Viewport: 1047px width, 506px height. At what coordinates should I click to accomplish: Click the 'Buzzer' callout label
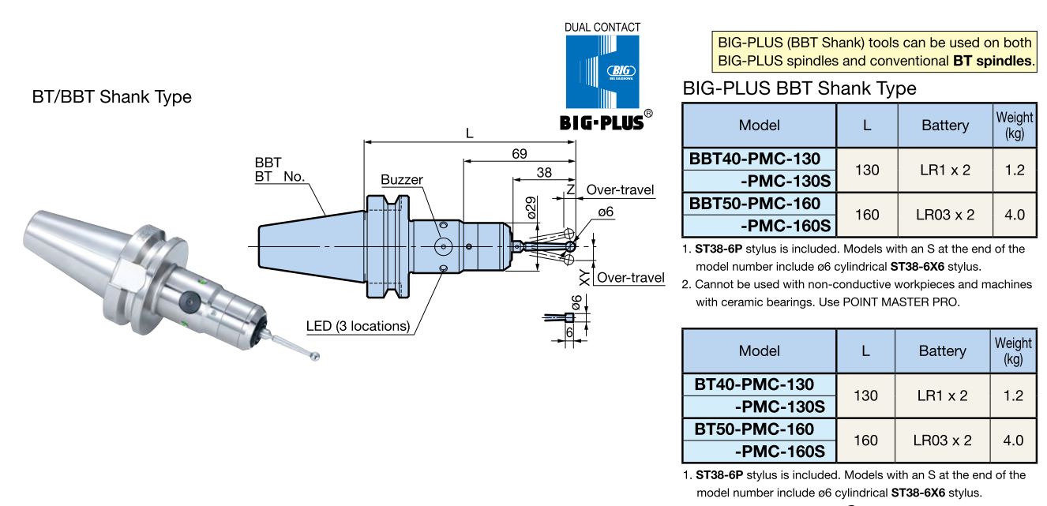[x=401, y=180]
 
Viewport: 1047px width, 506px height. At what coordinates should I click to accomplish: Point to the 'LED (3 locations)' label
[x=358, y=326]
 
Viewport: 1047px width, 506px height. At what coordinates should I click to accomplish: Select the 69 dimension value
[x=519, y=154]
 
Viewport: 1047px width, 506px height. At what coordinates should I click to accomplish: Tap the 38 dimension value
[x=544, y=173]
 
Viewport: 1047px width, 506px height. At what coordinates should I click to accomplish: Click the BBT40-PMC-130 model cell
[x=755, y=159]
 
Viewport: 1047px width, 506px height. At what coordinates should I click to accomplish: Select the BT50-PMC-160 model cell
[x=754, y=429]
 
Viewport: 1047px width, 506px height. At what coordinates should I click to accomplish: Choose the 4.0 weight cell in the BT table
[x=1013, y=440]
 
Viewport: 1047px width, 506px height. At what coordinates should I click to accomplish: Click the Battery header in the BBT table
[x=944, y=125]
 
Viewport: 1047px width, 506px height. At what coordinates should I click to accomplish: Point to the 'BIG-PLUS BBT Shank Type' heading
[x=799, y=88]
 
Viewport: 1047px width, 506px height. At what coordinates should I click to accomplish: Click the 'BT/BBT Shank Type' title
[x=111, y=97]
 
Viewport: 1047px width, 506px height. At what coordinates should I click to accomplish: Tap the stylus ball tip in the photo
[x=316, y=356]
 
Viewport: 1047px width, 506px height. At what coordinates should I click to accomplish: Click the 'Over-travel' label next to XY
[x=631, y=277]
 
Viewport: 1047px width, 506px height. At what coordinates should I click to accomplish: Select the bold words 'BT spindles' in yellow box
[x=993, y=61]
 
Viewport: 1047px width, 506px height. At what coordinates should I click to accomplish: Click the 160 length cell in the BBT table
[x=866, y=215]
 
